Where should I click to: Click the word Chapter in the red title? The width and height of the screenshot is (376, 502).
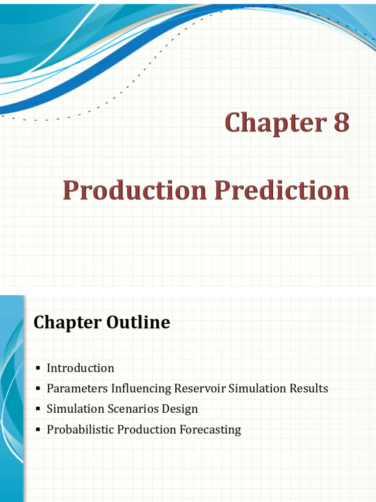pos(274,123)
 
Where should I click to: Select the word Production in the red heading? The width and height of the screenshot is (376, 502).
pos(135,191)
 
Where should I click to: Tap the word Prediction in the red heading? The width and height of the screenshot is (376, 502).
pos(282,191)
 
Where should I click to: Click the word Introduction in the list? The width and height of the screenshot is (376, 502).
pos(80,368)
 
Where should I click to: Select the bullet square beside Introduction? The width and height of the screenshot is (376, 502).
pos(38,368)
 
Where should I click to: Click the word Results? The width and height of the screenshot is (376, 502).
pos(307,389)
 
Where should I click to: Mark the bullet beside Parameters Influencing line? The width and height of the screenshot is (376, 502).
pos(38,389)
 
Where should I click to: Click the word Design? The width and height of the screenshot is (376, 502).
pos(181,409)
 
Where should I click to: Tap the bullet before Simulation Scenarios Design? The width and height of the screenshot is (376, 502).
pos(38,409)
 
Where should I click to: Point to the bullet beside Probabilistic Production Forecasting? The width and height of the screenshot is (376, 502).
pos(38,430)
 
